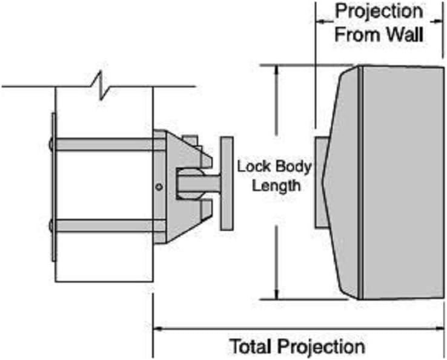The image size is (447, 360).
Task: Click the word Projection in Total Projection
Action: click(321, 347)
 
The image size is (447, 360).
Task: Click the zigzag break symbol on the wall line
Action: click(101, 85)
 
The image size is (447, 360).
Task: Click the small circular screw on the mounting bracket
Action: click(159, 187)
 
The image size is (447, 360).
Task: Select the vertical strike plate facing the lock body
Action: click(227, 183)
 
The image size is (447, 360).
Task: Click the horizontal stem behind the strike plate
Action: click(199, 184)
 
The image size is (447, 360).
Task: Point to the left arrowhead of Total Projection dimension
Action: click(157, 328)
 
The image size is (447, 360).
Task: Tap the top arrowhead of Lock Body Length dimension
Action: click(276, 70)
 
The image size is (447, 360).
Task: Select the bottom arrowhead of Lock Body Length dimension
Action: click(276, 295)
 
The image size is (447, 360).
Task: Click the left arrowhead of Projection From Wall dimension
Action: click(320, 21)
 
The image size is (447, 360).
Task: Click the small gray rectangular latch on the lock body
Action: click(322, 182)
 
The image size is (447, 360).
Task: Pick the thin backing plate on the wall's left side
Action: click(53, 187)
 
